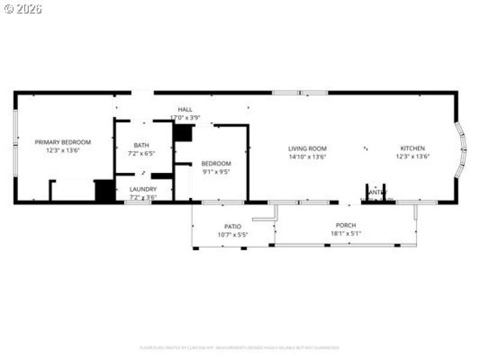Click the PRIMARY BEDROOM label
click(x=63, y=142)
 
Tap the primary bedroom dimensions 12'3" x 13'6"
click(x=63, y=151)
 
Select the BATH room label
click(x=142, y=145)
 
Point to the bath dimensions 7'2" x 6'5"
click(x=142, y=154)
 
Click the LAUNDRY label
click(x=143, y=189)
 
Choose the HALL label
click(x=185, y=109)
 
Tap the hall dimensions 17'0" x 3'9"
click(x=185, y=118)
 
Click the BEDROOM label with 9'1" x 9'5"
click(x=216, y=163)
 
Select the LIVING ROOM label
click(x=307, y=148)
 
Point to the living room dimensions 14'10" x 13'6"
click(x=307, y=157)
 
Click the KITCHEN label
click(x=413, y=148)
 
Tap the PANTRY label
click(x=376, y=192)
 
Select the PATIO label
click(x=233, y=226)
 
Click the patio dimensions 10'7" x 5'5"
click(x=233, y=235)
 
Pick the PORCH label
click(x=346, y=225)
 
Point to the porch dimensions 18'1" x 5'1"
click(x=346, y=233)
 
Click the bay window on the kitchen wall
click(x=461, y=150)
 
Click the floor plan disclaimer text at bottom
click(x=239, y=347)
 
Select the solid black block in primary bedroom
click(x=104, y=190)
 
